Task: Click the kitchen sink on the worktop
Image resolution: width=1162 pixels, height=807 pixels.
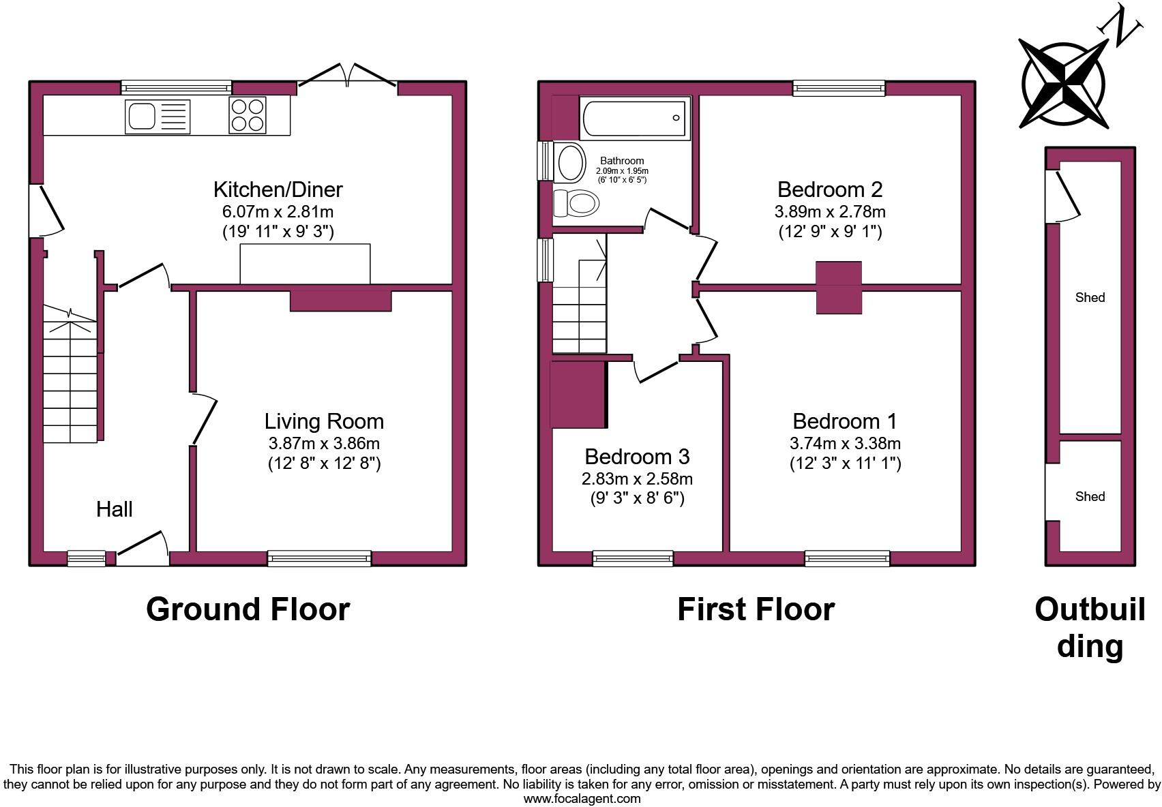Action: click(x=158, y=116)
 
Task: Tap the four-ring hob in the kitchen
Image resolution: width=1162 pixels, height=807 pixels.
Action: click(x=247, y=115)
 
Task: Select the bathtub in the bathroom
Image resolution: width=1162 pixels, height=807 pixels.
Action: click(x=634, y=118)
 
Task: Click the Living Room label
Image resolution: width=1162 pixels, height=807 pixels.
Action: click(x=324, y=421)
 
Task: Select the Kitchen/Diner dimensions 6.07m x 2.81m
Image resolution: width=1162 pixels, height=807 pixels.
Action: click(x=278, y=211)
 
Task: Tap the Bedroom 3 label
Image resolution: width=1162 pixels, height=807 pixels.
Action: click(x=637, y=456)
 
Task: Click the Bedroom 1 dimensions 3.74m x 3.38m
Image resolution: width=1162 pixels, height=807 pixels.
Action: click(x=845, y=443)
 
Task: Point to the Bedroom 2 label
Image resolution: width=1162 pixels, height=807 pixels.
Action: click(x=830, y=189)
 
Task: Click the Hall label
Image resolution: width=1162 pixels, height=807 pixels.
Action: click(x=114, y=509)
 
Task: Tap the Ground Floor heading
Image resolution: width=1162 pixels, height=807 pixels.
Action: click(x=248, y=609)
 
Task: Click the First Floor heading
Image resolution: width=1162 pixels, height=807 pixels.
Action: click(x=756, y=609)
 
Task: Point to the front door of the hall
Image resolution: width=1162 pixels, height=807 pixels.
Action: click(x=143, y=550)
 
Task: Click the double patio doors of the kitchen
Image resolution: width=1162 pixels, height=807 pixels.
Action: click(x=347, y=76)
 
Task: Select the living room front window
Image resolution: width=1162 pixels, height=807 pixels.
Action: click(x=319, y=558)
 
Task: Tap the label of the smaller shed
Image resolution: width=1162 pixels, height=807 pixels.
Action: click(x=1089, y=496)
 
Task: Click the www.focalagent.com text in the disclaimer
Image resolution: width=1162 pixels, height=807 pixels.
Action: click(x=581, y=799)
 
